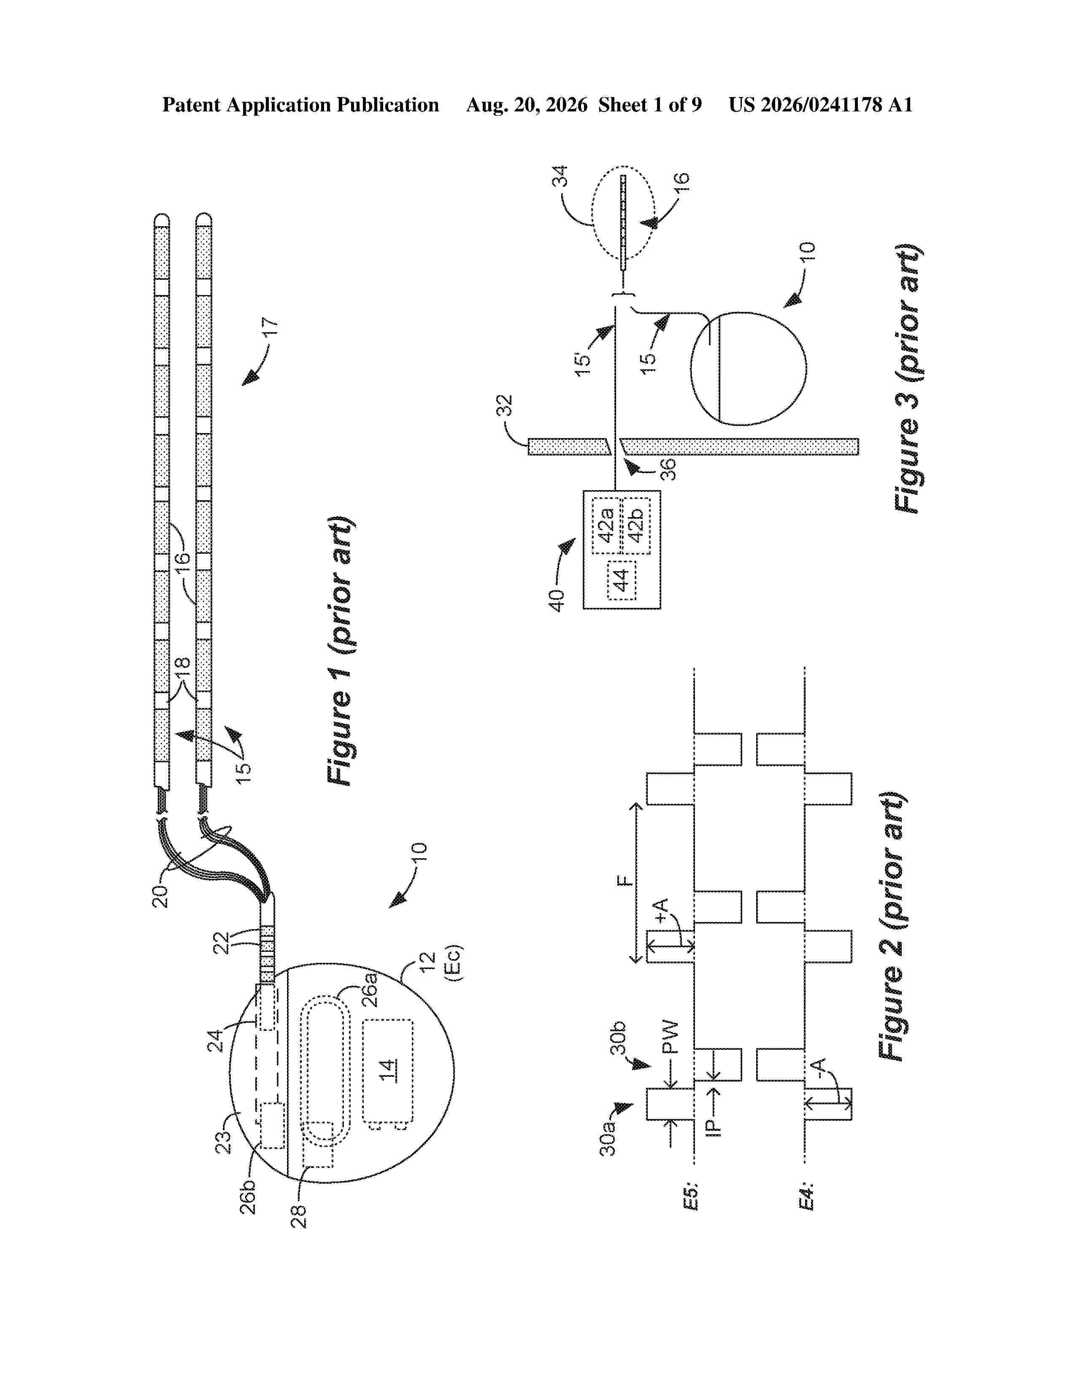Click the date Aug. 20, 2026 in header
pyautogui.click(x=527, y=105)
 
